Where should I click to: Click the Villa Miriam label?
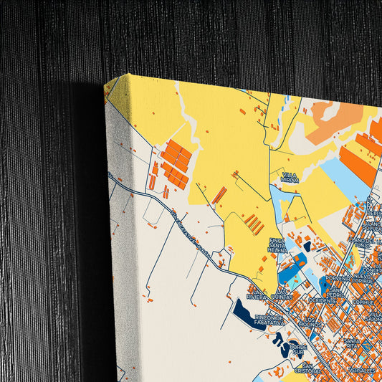click(x=289, y=177)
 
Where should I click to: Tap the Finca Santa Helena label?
click(x=277, y=244)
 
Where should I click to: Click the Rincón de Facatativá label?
click(x=269, y=320)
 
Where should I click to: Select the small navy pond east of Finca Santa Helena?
click(x=307, y=247)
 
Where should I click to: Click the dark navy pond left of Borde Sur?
click(x=282, y=349)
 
